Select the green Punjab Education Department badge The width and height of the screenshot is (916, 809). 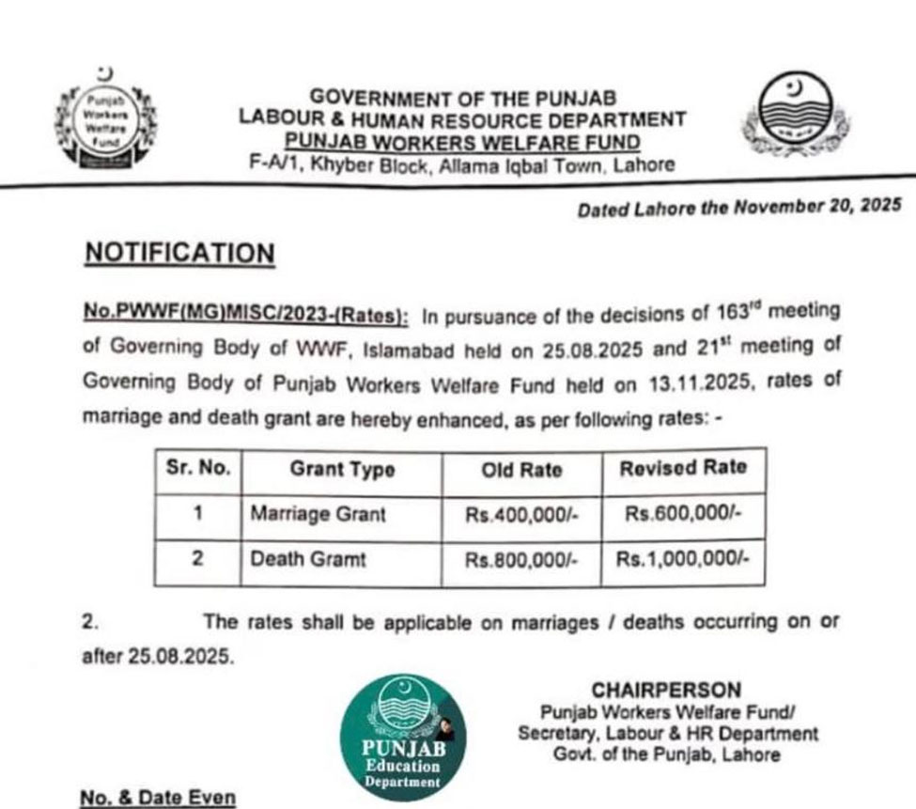pos(402,737)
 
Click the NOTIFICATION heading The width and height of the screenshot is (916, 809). pos(179,254)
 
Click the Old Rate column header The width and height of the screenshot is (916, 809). pos(521,470)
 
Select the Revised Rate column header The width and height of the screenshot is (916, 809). pos(683,468)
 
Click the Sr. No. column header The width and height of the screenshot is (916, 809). pos(198,469)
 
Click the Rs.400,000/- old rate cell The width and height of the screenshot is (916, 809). pos(521,515)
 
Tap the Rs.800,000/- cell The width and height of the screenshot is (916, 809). pos(521,560)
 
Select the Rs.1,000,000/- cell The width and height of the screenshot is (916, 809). pos(683,559)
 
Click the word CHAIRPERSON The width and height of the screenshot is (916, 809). pos(666,691)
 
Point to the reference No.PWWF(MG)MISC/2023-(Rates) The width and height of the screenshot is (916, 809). pos(246,315)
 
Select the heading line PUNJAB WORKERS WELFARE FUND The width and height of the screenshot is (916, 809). pos(463,143)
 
